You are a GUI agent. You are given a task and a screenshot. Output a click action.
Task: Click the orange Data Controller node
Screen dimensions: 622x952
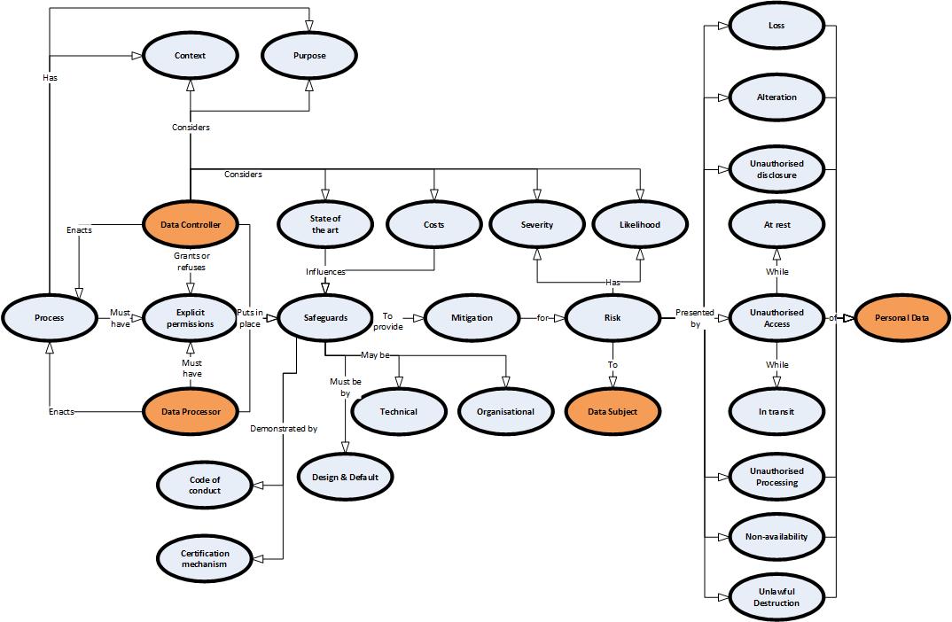tap(191, 225)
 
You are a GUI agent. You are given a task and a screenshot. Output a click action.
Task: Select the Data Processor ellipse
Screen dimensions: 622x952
tap(191, 412)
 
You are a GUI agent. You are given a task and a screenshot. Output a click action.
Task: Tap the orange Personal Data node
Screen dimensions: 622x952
tap(899, 317)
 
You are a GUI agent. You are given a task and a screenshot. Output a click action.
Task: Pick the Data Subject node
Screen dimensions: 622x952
tap(612, 411)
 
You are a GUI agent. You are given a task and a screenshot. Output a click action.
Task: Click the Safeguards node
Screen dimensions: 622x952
tap(325, 317)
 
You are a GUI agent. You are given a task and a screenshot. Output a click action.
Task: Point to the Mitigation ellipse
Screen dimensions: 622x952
tap(472, 317)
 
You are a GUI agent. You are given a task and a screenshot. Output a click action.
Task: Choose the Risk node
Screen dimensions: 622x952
tap(612, 317)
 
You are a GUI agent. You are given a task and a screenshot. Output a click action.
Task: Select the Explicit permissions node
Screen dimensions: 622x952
tap(191, 317)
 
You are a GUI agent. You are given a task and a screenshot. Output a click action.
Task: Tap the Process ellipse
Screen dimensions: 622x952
tap(49, 317)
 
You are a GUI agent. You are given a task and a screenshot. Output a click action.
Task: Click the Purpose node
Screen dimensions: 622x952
tap(309, 56)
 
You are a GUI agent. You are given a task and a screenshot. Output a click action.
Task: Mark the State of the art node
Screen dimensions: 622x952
tap(325, 224)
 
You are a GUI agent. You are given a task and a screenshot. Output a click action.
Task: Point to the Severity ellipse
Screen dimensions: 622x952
tap(536, 224)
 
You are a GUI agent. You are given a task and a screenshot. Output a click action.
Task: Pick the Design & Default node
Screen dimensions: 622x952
tap(345, 477)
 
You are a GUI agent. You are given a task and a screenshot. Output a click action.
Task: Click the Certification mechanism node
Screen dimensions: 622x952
tap(205, 558)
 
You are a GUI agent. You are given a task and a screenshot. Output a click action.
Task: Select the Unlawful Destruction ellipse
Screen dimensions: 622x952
tap(776, 597)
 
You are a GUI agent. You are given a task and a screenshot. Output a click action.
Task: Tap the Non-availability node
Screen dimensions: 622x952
tap(776, 537)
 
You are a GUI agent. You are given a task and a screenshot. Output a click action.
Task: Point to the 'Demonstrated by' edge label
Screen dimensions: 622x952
tap(284, 429)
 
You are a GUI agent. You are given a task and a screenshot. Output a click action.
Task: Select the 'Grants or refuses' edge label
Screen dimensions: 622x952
tap(191, 261)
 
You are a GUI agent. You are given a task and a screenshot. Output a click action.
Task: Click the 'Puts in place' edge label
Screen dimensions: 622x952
tap(249, 317)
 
